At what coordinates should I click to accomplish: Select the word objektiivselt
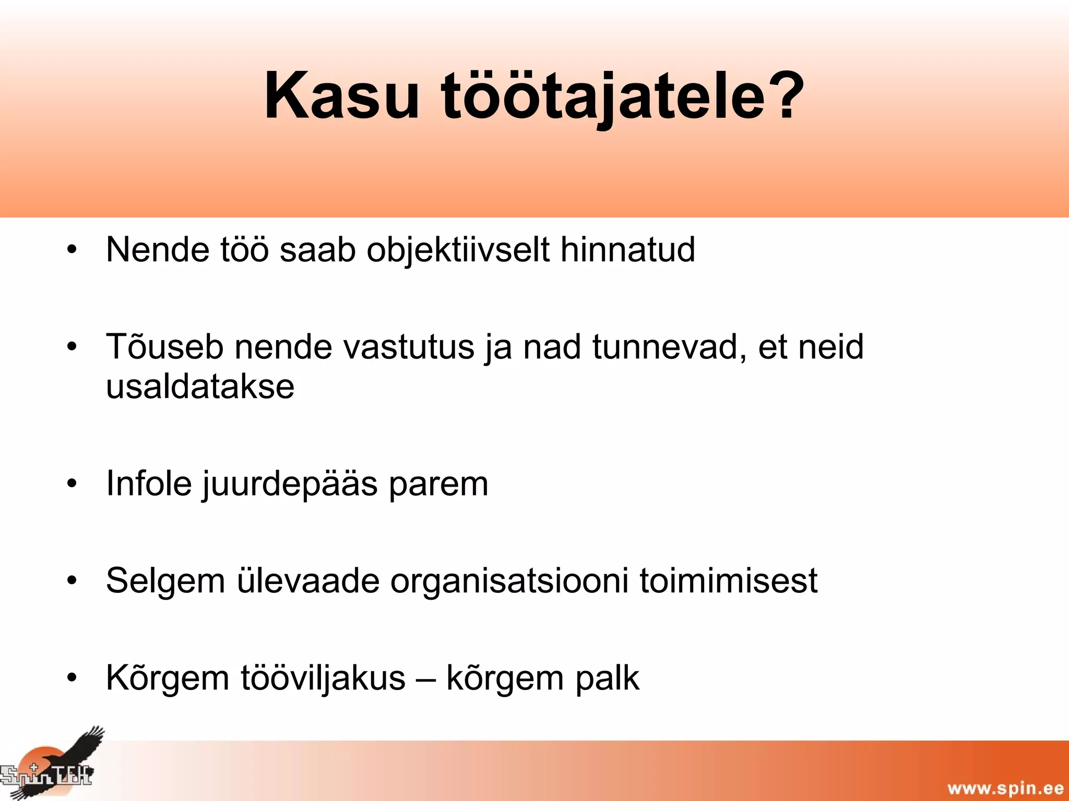point(458,250)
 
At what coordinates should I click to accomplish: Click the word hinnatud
point(627,249)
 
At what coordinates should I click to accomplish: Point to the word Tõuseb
point(164,347)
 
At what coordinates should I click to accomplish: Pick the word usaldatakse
point(200,386)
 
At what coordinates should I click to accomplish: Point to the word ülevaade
point(308,580)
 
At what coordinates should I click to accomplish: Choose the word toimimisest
point(729,580)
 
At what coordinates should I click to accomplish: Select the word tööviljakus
point(323,678)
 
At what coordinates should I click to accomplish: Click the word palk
point(607,678)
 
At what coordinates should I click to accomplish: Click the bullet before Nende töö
point(72,250)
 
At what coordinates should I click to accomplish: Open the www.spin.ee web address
point(1005,788)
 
